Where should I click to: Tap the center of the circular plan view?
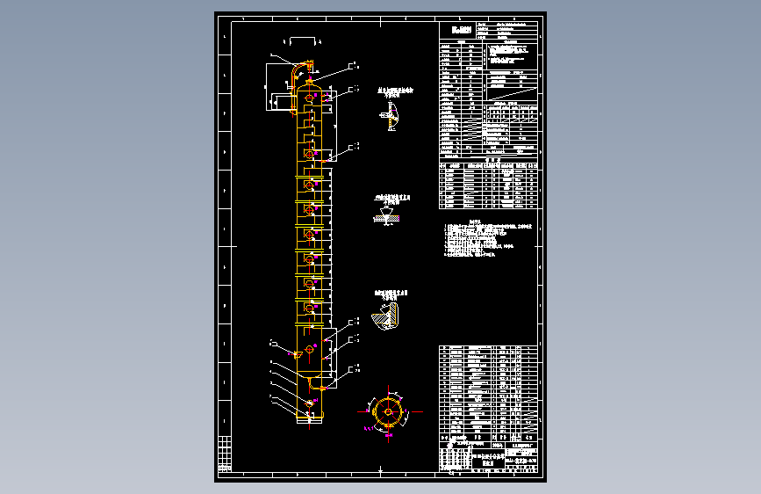389,410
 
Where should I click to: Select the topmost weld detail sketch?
390,116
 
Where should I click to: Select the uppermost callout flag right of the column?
354,66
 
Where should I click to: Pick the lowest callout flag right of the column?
354,369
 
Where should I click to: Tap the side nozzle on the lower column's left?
298,353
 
